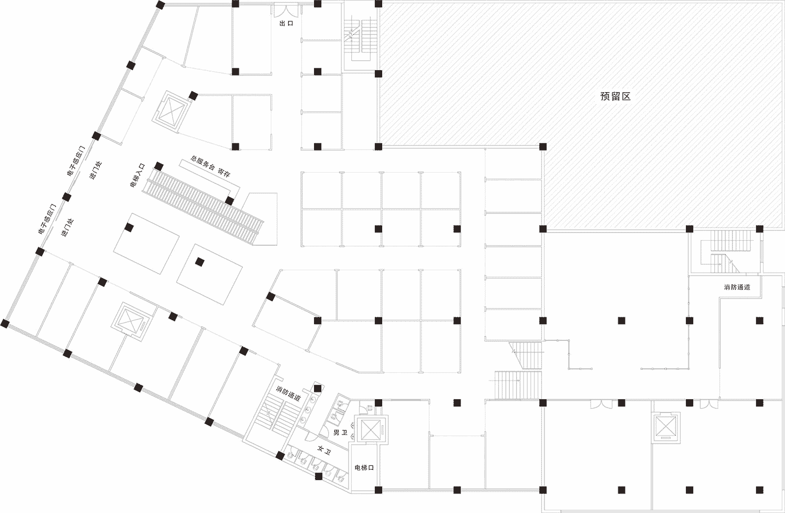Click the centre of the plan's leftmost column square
coord(4,324)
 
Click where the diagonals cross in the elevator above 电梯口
coord(370,430)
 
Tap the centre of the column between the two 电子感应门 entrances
coord(67,197)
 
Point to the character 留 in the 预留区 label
coord(616,96)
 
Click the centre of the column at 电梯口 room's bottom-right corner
coord(378,490)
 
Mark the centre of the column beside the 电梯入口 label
coord(159,166)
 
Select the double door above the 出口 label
coord(286,10)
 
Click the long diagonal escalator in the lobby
coord(203,207)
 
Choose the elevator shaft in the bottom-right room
coord(665,427)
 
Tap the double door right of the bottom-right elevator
coord(709,405)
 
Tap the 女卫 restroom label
coord(324,450)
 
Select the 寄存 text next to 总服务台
coord(224,172)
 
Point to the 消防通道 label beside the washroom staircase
coord(288,393)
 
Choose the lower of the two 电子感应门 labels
coord(47,219)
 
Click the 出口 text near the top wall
coord(286,24)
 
